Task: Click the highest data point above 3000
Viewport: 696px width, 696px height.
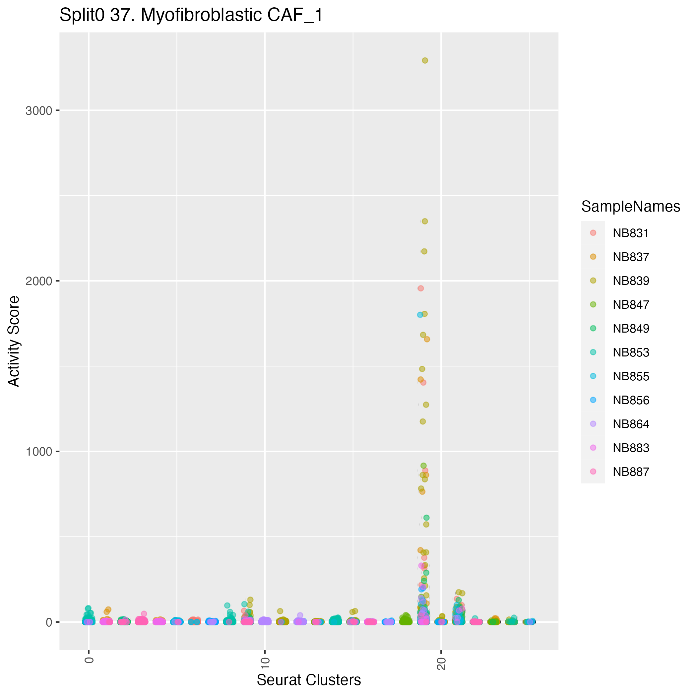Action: click(425, 61)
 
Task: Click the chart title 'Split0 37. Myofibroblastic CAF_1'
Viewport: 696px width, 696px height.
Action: click(191, 16)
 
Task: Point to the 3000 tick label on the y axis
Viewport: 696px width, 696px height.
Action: click(38, 111)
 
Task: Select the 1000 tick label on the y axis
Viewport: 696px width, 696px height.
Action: click(38, 451)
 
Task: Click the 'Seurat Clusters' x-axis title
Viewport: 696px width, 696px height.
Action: click(309, 680)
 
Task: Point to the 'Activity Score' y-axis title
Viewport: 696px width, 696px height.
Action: click(14, 341)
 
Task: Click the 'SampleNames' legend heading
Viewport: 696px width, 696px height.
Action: click(631, 207)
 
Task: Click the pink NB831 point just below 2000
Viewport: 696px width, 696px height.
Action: click(420, 288)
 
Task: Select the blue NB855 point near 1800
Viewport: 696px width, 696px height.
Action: click(420, 314)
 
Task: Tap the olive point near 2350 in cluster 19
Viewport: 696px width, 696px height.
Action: click(424, 221)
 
